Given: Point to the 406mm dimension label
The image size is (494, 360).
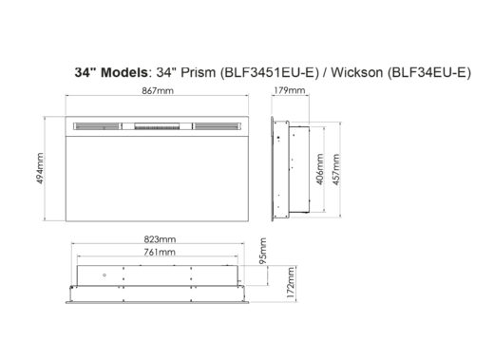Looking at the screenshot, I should pyautogui.click(x=321, y=168).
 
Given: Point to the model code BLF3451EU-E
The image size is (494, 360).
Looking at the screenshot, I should pyautogui.click(x=258, y=72).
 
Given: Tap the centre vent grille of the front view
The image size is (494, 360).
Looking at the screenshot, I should pyautogui.click(x=158, y=123).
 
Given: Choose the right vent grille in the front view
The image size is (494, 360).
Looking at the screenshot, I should pyautogui.click(x=216, y=123).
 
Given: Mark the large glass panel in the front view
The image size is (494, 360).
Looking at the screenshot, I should pyautogui.click(x=158, y=176).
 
